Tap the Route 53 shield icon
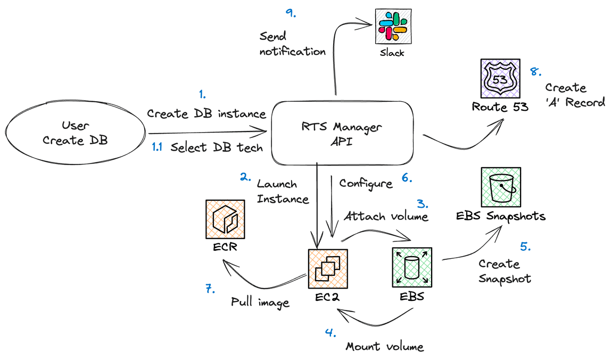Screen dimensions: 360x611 [500, 78]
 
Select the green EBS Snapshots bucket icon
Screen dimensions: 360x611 [501, 187]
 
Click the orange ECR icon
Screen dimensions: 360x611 [225, 219]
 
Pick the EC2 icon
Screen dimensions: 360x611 [327, 268]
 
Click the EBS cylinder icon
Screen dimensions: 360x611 [412, 267]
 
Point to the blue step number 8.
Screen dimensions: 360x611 [535, 71]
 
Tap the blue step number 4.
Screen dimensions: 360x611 [331, 333]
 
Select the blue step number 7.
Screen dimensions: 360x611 [210, 290]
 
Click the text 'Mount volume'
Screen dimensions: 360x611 [385, 347]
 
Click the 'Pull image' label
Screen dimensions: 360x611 [260, 302]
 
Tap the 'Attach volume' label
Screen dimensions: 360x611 [385, 217]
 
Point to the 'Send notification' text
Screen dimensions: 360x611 [292, 44]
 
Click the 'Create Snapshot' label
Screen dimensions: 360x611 [504, 271]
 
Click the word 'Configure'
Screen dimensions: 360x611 [366, 184]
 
